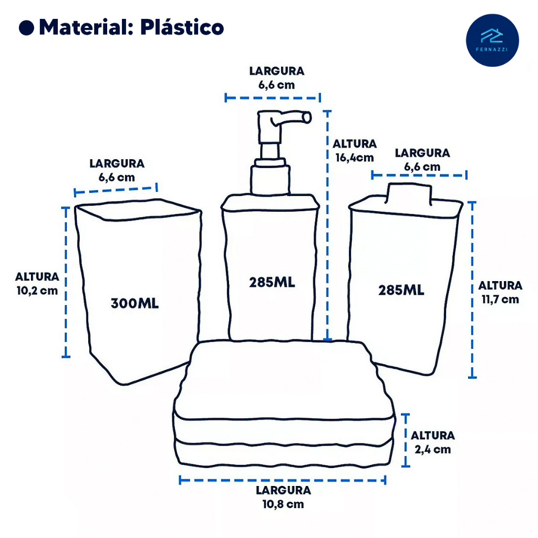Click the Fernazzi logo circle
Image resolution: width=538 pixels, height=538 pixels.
pyautogui.click(x=492, y=40)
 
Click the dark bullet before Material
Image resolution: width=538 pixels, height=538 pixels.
pyautogui.click(x=26, y=28)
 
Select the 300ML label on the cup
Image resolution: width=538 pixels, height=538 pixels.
pyautogui.click(x=134, y=303)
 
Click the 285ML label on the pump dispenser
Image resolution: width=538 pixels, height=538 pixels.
pyautogui.click(x=272, y=282)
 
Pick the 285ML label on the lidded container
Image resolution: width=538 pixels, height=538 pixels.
pyautogui.click(x=401, y=290)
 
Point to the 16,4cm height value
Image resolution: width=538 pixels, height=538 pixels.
pyautogui.click(x=354, y=157)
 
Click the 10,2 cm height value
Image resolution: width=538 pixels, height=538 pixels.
pyautogui.click(x=37, y=291)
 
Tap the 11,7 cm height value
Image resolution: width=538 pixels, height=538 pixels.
pyautogui.click(x=500, y=299)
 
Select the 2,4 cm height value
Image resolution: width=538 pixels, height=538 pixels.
pyautogui.click(x=432, y=449)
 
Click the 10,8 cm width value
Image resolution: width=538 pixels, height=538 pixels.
pyautogui.click(x=284, y=504)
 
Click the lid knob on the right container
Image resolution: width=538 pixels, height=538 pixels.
pyautogui.click(x=409, y=193)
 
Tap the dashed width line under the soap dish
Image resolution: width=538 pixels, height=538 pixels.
pyautogui.click(x=283, y=480)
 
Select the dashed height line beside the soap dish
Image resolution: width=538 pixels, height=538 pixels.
pyautogui.click(x=406, y=440)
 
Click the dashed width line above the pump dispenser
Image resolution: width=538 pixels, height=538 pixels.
pyautogui.click(x=272, y=97)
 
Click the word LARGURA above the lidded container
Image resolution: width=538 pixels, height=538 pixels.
pyautogui.click(x=422, y=153)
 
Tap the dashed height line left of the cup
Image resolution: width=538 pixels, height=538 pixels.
pyautogui.click(x=66, y=282)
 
